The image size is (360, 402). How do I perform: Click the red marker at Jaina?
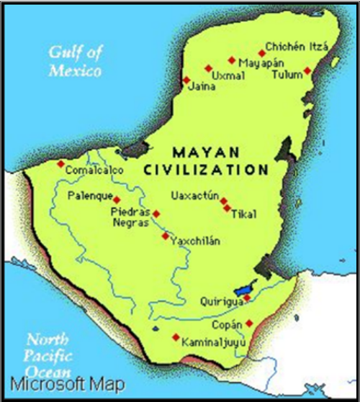186,80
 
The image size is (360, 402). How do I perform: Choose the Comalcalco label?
94,170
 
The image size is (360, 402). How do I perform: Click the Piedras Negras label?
130,217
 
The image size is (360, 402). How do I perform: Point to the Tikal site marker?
228,209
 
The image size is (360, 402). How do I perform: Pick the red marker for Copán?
249,323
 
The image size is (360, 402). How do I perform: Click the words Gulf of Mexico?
75,61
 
